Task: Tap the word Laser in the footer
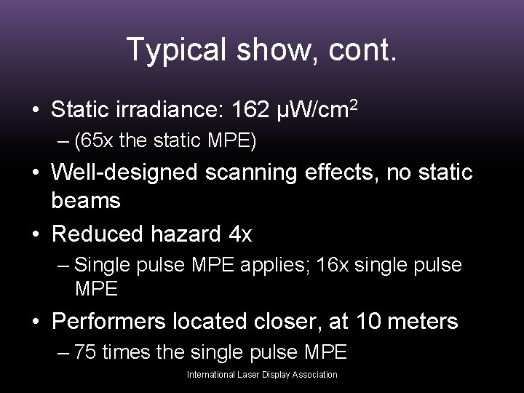coord(248,375)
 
